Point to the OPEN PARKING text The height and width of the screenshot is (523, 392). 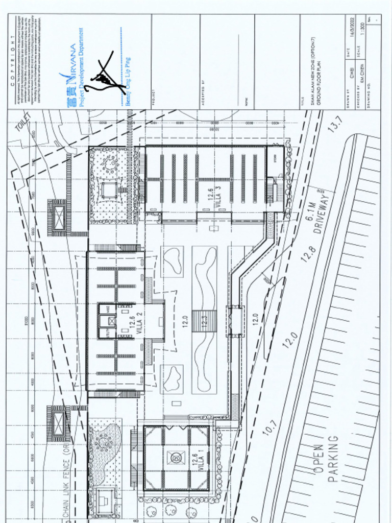[326, 459]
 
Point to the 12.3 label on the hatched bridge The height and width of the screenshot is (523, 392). [204, 322]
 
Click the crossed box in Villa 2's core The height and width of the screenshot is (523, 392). [112, 322]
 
